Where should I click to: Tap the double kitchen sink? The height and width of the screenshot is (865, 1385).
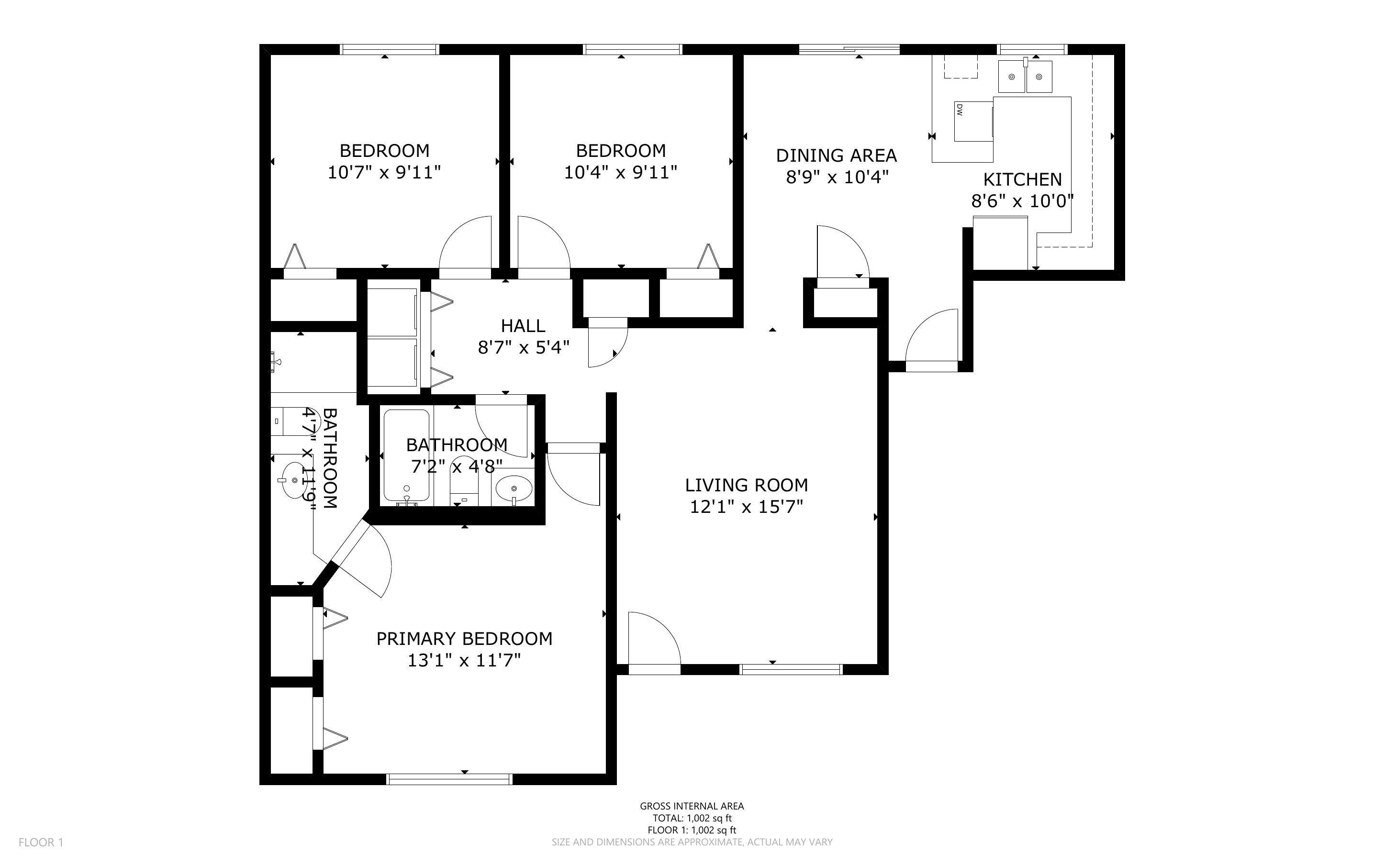coord(1025,77)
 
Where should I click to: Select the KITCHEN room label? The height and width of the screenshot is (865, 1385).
coord(1022,179)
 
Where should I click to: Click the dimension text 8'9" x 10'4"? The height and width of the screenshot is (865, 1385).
coord(837,177)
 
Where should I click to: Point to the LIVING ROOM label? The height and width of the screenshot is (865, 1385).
coord(746,485)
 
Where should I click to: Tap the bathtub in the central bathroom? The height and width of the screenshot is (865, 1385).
coord(406,455)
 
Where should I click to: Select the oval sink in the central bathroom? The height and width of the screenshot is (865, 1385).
coord(514,488)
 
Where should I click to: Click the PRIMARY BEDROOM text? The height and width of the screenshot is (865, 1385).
coord(464,638)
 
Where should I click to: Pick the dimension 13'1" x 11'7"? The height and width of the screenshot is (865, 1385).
coord(464,661)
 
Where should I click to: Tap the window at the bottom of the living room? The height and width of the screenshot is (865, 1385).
coord(791,669)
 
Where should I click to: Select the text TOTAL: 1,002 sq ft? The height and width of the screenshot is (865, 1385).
coord(692,818)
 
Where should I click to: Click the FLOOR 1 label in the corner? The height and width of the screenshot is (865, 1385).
coord(41,842)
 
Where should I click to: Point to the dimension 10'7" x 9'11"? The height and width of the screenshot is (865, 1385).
coord(384,172)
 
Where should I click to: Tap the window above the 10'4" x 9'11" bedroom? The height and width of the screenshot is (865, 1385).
coord(632,49)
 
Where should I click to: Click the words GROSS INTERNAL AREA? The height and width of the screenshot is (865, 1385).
coord(692,806)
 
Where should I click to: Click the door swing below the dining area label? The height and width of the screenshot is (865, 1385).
coord(841,252)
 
